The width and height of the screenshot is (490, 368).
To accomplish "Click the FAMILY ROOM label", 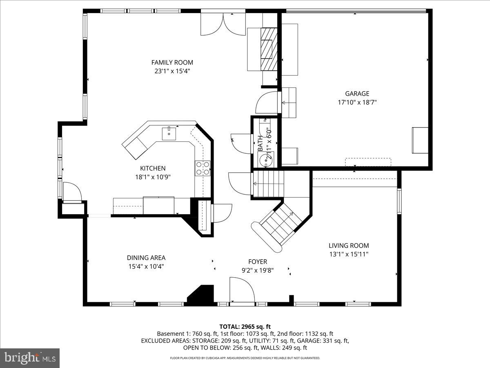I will [x=172, y=63].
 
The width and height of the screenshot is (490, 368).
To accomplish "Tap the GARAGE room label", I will [x=357, y=94].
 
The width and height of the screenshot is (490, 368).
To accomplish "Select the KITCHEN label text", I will [x=153, y=168].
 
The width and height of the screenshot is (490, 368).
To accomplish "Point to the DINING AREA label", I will [x=146, y=258].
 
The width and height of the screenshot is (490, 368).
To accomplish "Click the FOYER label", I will [x=257, y=262].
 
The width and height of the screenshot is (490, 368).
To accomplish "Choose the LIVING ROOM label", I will [x=349, y=246].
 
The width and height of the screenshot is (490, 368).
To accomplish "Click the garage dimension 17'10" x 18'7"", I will [x=357, y=102].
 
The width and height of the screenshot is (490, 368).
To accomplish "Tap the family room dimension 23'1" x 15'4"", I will [x=172, y=71].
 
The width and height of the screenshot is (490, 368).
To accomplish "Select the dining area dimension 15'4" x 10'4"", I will [x=146, y=266].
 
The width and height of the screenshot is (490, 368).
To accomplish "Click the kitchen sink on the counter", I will [x=169, y=133].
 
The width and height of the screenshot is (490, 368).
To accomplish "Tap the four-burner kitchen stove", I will [x=203, y=168].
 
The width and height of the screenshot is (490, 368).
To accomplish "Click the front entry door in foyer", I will [x=241, y=291].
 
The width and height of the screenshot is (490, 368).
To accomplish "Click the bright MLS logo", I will [x=30, y=358].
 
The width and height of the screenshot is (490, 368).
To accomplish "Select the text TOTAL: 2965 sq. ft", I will [x=245, y=326].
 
